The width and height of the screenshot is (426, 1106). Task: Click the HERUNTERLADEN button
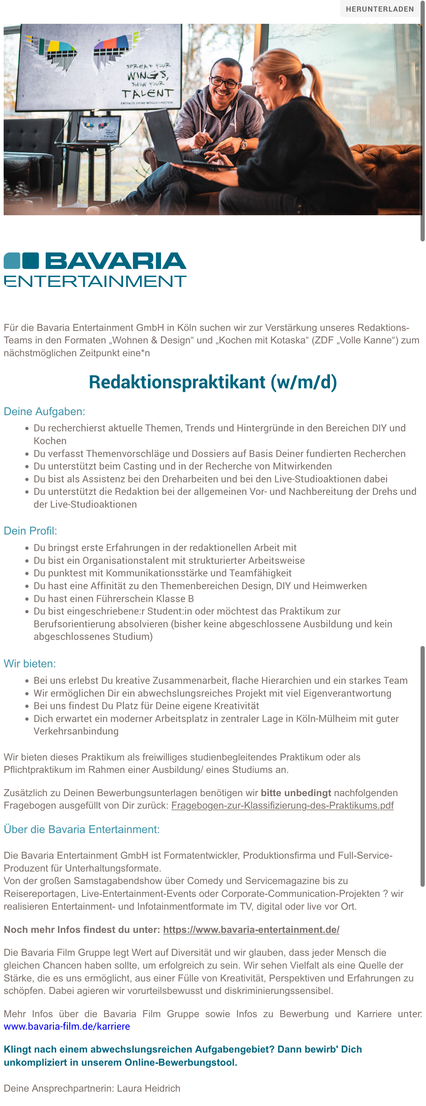pos(380,9)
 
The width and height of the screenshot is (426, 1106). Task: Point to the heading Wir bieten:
pos(30,663)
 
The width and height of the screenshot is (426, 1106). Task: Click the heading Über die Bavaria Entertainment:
pos(81,829)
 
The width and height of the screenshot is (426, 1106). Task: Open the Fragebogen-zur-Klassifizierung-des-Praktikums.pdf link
pos(282,805)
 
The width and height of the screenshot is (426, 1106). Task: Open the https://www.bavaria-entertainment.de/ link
pos(251,930)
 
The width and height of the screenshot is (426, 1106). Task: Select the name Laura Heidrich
pos(149,1088)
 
